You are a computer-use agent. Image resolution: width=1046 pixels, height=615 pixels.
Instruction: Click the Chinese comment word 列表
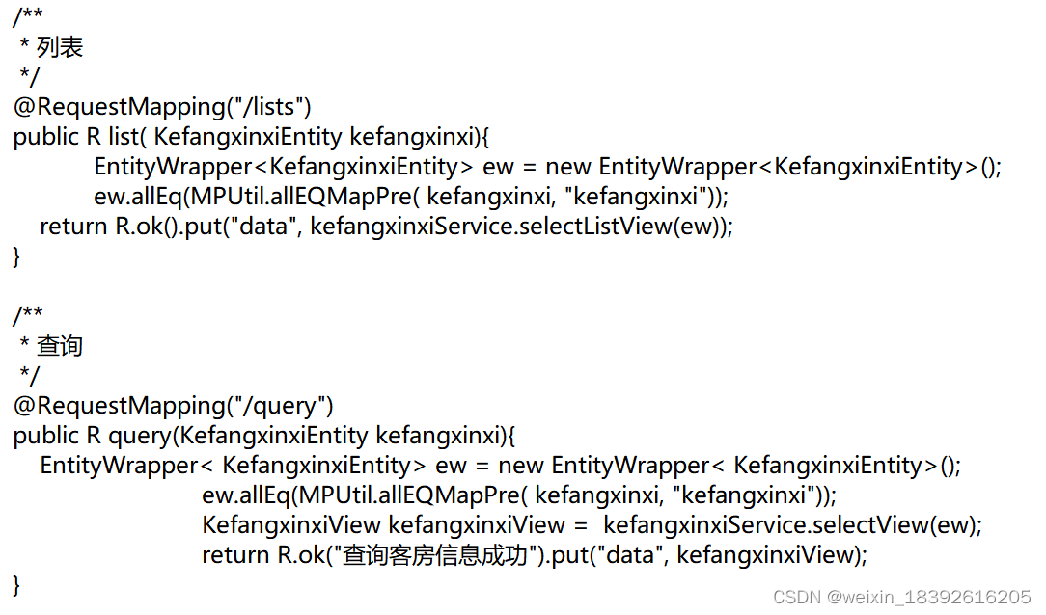click(60, 46)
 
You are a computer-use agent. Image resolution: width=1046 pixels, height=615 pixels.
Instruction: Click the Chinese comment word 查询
click(60, 345)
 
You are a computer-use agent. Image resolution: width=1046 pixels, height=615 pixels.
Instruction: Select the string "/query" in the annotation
click(287, 405)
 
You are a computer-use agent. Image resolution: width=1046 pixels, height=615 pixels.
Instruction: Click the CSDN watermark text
click(902, 597)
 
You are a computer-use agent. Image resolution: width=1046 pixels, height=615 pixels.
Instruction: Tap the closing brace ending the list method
click(16, 257)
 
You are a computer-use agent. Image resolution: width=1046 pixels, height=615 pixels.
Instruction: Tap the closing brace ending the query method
click(16, 585)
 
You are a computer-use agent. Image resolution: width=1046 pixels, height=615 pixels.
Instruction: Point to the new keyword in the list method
click(568, 167)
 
